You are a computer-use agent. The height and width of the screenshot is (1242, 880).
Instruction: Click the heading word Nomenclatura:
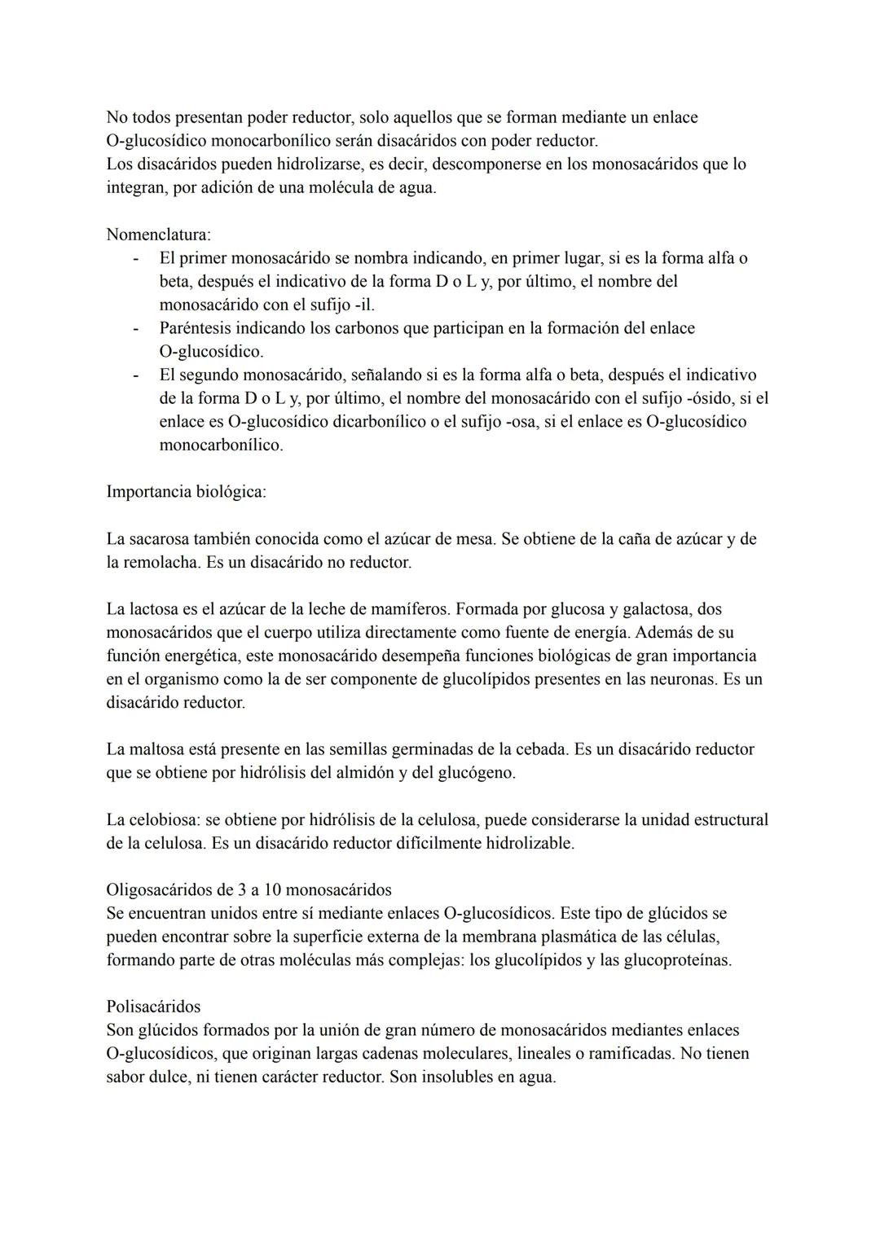click(158, 235)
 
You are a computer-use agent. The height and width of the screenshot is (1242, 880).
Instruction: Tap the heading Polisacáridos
click(153, 1006)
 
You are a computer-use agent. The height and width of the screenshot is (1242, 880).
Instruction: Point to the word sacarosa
click(158, 539)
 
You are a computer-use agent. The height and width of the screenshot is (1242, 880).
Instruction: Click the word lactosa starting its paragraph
click(154, 609)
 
